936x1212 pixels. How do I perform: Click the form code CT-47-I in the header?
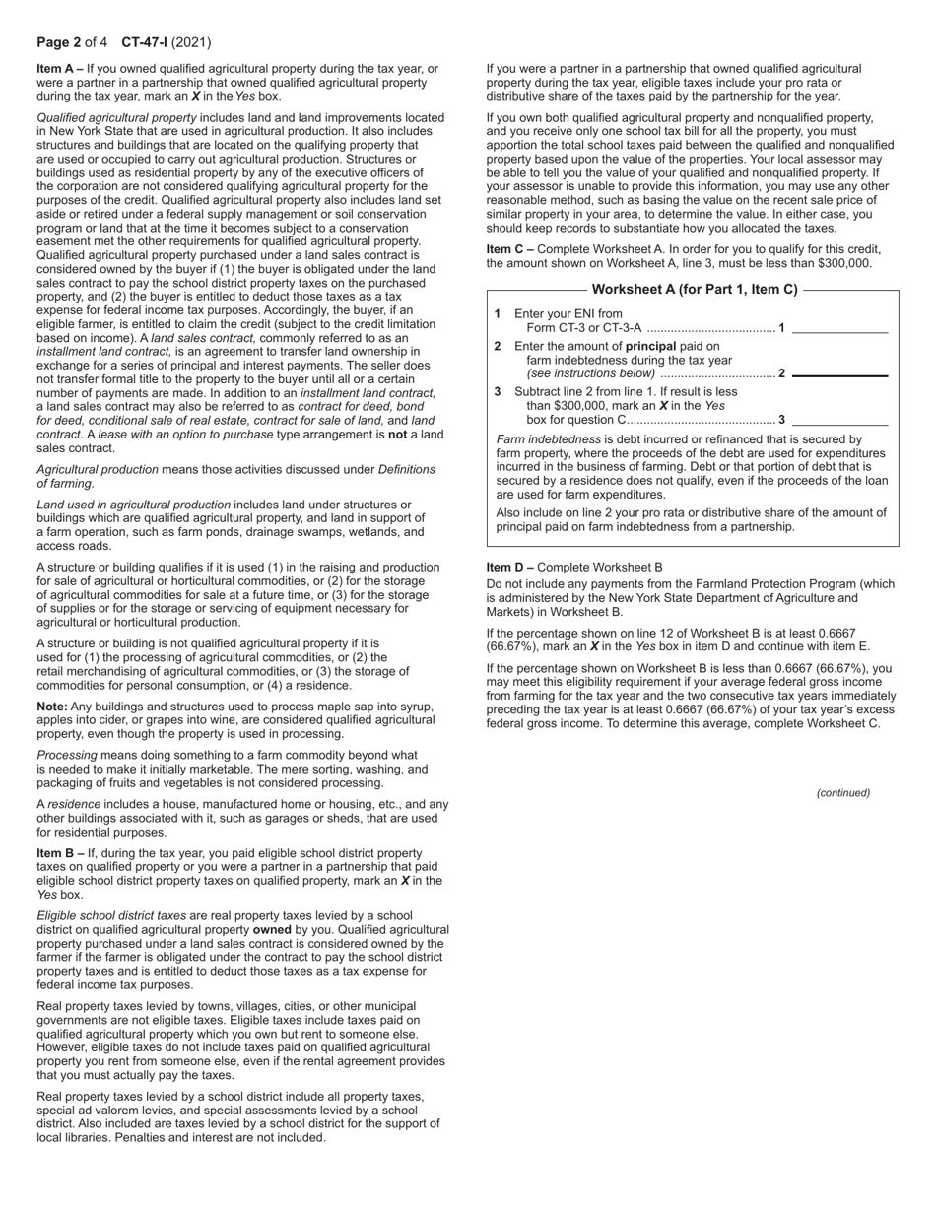click(x=144, y=42)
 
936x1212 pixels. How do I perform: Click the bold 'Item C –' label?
click(x=509, y=249)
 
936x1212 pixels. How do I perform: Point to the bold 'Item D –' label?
click(x=509, y=568)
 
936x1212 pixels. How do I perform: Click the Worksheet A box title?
click(x=694, y=290)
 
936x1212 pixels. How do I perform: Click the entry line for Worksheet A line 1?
click(x=839, y=328)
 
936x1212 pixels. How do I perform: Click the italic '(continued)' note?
click(x=842, y=792)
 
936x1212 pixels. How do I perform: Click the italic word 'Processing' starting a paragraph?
click(x=66, y=756)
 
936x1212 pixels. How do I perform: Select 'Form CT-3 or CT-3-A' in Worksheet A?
click(x=583, y=328)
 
